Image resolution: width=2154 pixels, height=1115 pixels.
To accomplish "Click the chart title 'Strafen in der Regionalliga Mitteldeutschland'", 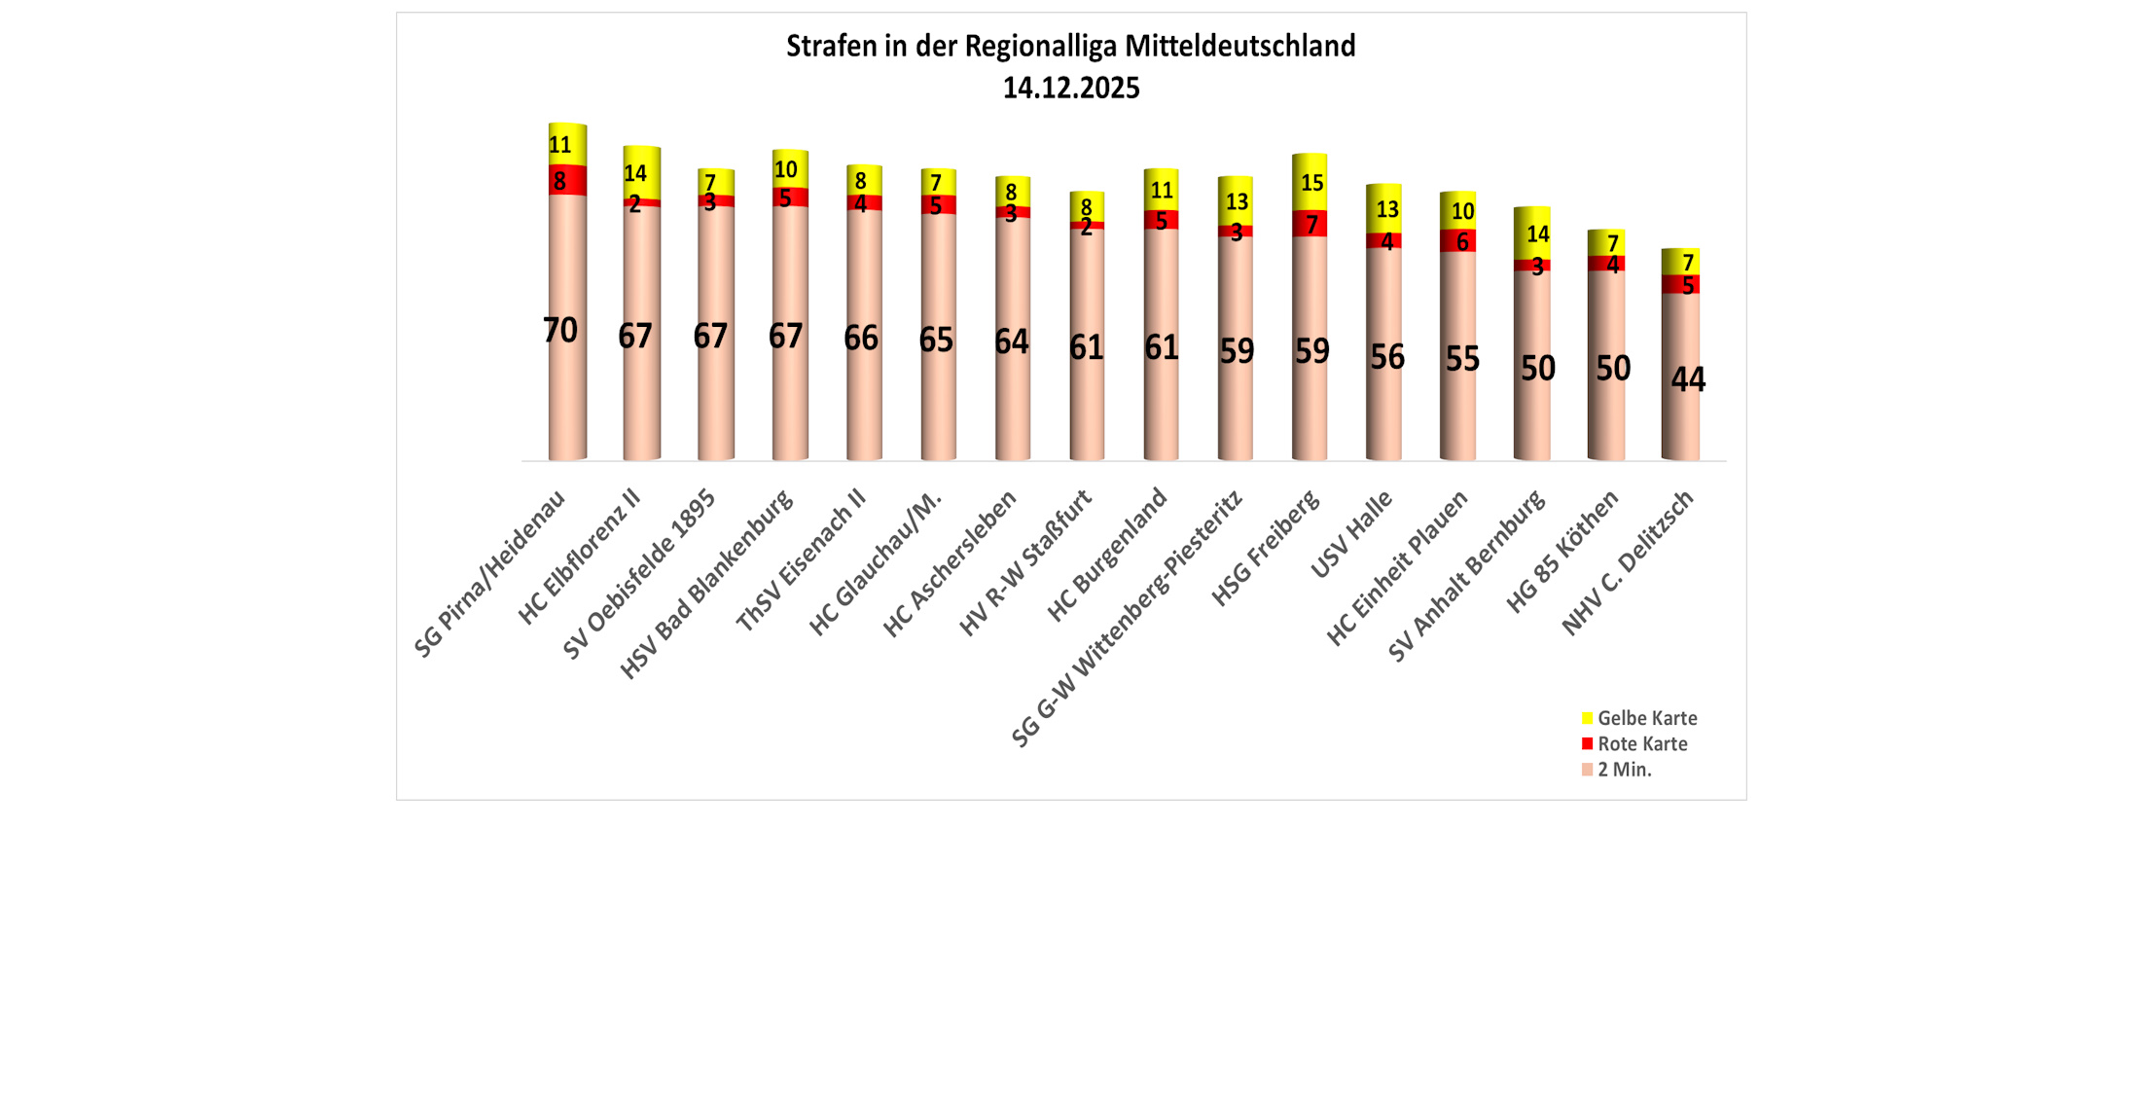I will tap(1070, 46).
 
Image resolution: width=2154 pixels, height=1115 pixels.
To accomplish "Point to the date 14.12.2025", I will tap(1070, 89).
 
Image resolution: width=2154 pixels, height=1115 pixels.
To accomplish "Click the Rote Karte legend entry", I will tap(1641, 743).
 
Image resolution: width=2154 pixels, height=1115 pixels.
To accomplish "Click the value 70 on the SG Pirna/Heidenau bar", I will tap(560, 331).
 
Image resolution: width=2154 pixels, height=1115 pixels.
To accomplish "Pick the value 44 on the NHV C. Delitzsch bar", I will tap(1688, 378).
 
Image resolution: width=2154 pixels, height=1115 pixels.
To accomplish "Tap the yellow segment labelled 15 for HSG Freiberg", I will tap(1310, 182).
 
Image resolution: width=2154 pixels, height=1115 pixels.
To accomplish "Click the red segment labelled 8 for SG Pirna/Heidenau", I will tap(567, 180).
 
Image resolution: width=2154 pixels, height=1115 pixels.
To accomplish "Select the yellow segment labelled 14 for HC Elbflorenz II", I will tap(641, 172).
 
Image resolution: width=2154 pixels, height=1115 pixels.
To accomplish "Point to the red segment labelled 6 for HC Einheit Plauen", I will tap(1458, 240).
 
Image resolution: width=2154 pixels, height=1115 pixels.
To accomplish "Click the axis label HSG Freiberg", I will tap(1267, 549).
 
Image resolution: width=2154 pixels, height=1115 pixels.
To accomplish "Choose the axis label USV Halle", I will tap(1352, 535).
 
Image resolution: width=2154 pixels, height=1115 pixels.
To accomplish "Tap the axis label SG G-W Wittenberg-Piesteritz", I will tap(1129, 619).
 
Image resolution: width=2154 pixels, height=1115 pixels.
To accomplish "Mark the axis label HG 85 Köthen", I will tap(1562, 552).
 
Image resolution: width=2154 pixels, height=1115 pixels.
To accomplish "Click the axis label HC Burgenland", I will tap(1107, 556).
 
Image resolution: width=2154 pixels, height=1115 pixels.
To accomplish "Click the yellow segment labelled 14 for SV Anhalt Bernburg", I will tap(1532, 234).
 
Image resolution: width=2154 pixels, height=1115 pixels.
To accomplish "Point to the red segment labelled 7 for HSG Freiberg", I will tap(1310, 224).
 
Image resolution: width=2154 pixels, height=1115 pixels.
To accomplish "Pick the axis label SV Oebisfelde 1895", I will tap(640, 574).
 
